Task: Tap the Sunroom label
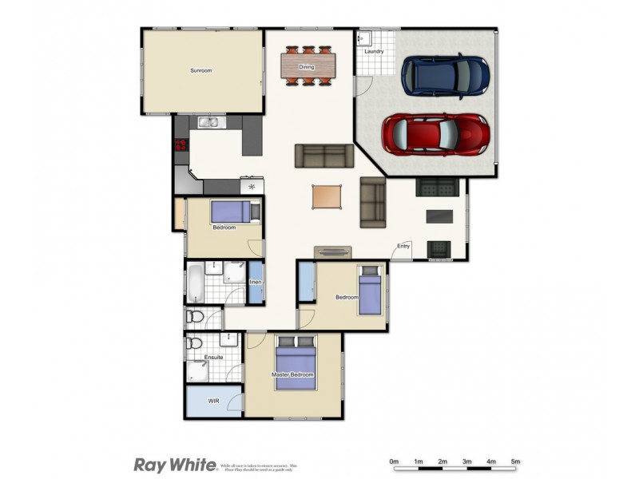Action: tap(200, 70)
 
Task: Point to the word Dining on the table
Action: tap(307, 67)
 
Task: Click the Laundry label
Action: tap(374, 52)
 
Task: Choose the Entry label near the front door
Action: tap(404, 246)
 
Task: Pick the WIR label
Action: tap(213, 401)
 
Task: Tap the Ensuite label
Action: tap(213, 357)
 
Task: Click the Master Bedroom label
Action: tap(292, 374)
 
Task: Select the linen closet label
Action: tap(256, 283)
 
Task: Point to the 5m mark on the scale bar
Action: tap(515, 461)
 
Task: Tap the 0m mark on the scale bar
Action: tap(394, 461)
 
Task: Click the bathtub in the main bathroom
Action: tap(196, 283)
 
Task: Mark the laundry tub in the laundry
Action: tap(363, 38)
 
